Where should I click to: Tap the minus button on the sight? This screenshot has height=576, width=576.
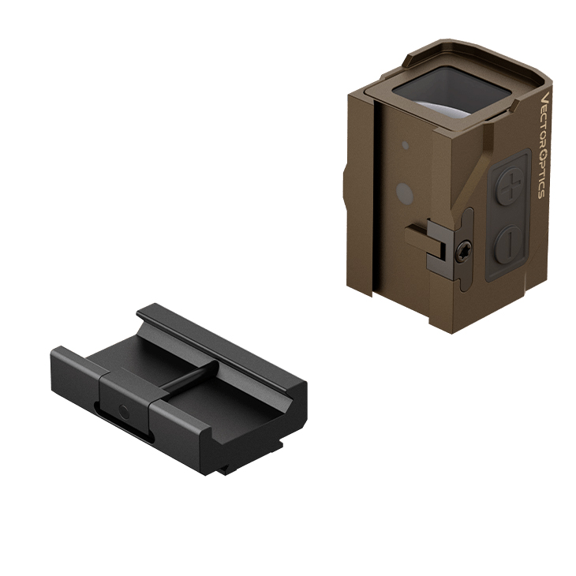point(511,245)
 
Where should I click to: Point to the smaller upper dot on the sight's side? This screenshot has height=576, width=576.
point(405,144)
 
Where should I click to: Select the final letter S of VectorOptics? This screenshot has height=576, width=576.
point(541,193)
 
